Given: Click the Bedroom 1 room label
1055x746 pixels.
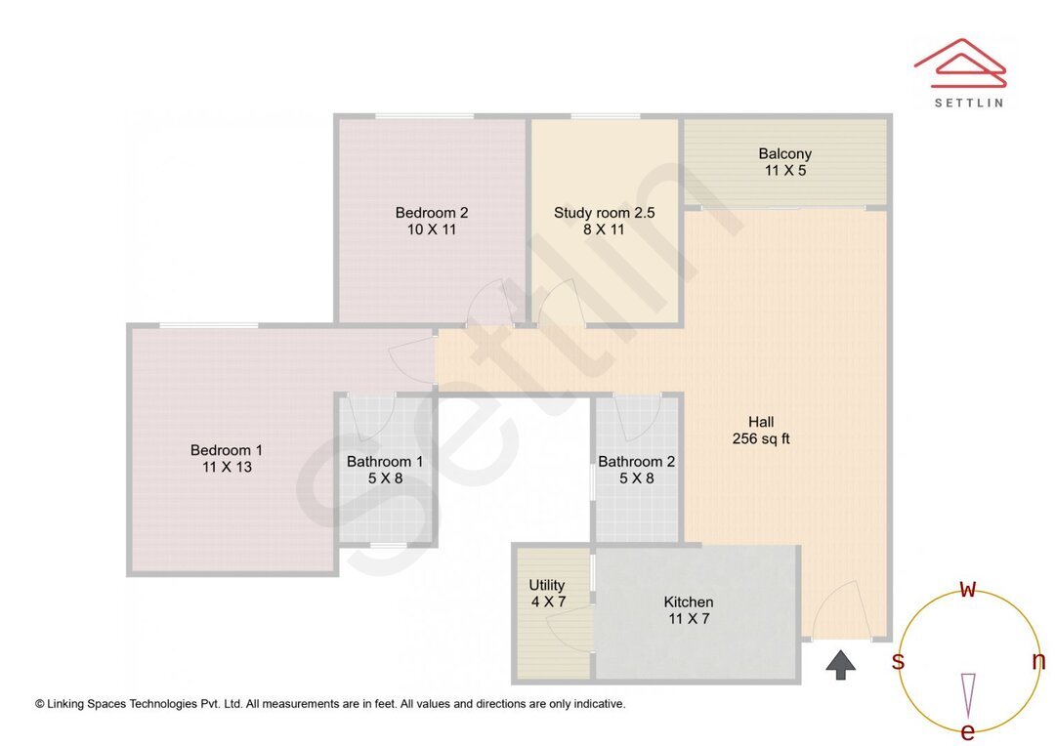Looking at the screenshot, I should [227, 450].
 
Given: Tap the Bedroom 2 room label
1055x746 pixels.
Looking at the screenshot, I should [432, 213].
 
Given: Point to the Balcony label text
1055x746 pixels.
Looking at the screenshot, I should [784, 153].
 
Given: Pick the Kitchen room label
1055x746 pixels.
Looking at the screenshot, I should [689, 601].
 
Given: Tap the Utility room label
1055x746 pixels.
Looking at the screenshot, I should [547, 585].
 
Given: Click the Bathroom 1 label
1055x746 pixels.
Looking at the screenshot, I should [385, 462].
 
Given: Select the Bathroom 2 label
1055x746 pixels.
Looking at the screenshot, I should [636, 462].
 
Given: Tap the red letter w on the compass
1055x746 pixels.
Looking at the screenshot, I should [968, 589].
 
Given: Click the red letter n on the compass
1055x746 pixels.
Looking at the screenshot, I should [1038, 661].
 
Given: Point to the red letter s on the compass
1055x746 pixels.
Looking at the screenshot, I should [898, 662].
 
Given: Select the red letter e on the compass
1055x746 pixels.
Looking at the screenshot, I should [968, 732].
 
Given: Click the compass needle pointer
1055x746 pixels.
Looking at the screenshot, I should [968, 694].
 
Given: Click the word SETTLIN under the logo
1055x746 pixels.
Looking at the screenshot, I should [968, 103].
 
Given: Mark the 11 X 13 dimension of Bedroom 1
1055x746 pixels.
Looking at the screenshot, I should [227, 468].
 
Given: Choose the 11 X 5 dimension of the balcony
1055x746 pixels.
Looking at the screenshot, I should [784, 171].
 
